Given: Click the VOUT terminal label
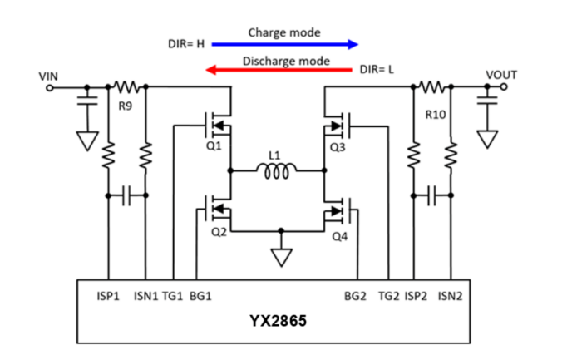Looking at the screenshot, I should tap(500, 76).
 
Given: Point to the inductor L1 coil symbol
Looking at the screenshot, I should tap(275, 172).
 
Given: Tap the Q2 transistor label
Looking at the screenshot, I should tap(219, 232).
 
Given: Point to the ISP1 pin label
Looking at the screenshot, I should tap(109, 295).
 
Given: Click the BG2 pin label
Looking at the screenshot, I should tap(356, 295).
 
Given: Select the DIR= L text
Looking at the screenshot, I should tap(377, 72).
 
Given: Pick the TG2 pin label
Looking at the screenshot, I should tap(389, 295).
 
